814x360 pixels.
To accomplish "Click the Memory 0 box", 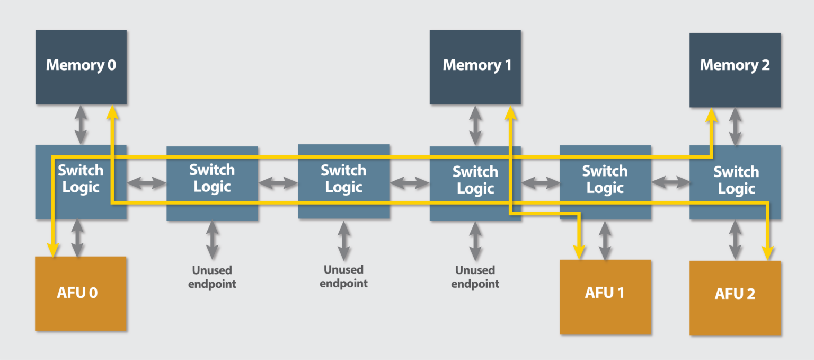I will [x=81, y=67].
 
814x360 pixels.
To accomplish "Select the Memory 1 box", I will [x=475, y=67].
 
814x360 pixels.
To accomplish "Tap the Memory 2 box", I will [x=735, y=69].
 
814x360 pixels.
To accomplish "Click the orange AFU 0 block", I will [x=81, y=294].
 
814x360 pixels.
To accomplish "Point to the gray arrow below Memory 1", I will [x=475, y=125].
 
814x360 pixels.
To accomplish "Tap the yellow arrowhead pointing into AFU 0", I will [x=52, y=249].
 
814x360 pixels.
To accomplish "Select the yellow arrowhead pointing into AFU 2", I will [x=767, y=252].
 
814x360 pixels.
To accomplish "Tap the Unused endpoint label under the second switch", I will [x=212, y=277].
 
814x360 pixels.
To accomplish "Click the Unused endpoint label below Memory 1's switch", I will [x=475, y=277].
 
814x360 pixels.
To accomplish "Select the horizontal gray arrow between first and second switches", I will [x=146, y=183].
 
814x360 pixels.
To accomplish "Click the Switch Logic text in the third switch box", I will [x=343, y=179].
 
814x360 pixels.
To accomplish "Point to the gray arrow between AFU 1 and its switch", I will [x=605, y=240].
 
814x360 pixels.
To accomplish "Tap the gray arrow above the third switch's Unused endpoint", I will [x=343, y=240].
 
